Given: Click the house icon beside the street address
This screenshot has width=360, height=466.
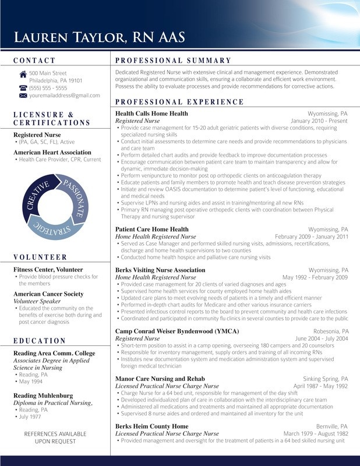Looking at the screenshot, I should point(23,73).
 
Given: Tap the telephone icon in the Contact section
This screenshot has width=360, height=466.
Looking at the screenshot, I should point(23,87).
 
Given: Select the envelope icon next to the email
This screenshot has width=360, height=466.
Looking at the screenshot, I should point(23,95).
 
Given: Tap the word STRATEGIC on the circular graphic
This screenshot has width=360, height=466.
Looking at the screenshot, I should point(54,228).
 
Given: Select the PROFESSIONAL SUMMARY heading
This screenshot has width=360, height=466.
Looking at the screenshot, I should point(173,61).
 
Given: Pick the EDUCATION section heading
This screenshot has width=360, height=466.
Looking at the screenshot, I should point(40,341).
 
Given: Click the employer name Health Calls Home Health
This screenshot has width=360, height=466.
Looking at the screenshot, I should point(151,114).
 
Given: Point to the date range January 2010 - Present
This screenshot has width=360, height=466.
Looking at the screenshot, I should point(319,121).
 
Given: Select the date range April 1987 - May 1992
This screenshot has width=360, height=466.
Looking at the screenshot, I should point(320,386).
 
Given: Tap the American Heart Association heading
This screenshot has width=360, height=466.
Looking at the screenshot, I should point(52,153).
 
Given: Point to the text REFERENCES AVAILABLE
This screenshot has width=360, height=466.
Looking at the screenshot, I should point(55,434).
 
